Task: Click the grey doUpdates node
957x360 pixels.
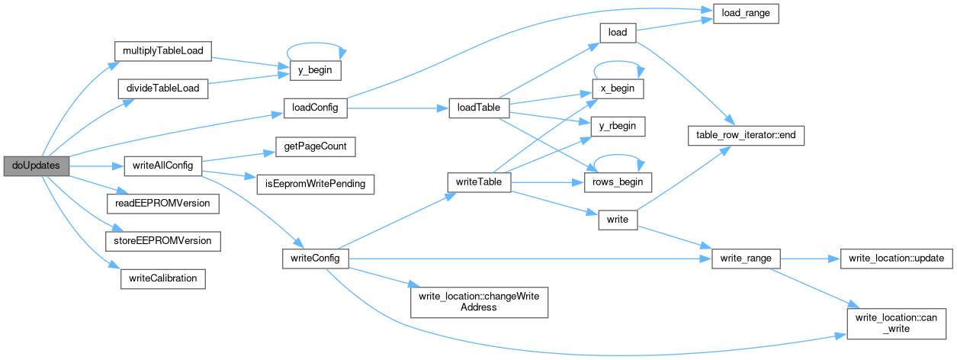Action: pos(37,165)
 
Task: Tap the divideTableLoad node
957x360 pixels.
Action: pos(162,88)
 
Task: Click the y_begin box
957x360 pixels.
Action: pos(316,70)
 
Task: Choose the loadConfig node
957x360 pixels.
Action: pos(316,108)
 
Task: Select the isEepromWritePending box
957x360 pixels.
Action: pos(316,184)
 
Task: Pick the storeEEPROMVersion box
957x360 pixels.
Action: pos(162,241)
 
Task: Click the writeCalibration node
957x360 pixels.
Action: pos(162,278)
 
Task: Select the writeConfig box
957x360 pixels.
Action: pos(316,259)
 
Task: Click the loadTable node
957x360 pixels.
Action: pos(478,108)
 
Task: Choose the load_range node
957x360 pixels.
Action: pos(745,14)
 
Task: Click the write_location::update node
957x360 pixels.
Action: pos(896,259)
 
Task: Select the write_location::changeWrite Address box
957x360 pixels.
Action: pos(479,301)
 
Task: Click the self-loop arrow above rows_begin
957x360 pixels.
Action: pos(618,161)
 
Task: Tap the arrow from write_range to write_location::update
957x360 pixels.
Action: pos(809,259)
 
